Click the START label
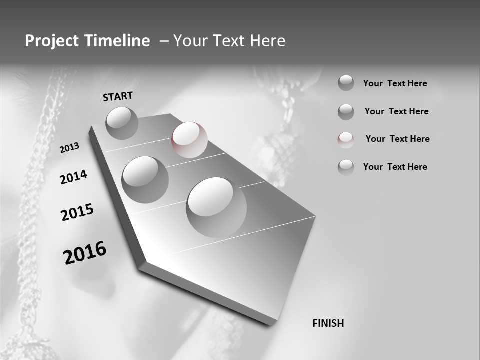tap(118, 96)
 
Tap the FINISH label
tap(328, 323)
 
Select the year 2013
tap(69, 148)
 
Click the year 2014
tap(73, 177)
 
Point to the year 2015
tap(77, 212)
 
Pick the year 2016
tap(85, 253)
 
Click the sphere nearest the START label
tap(122, 123)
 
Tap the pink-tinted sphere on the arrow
tap(189, 139)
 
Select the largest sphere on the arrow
tap(216, 207)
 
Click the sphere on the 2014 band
tap(145, 179)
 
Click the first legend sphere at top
tap(346, 83)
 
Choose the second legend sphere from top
tap(346, 112)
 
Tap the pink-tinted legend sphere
tap(346, 140)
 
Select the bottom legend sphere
tap(346, 167)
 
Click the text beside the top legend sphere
tap(395, 83)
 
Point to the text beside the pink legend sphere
tap(397, 139)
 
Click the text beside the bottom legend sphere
tap(395, 167)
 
